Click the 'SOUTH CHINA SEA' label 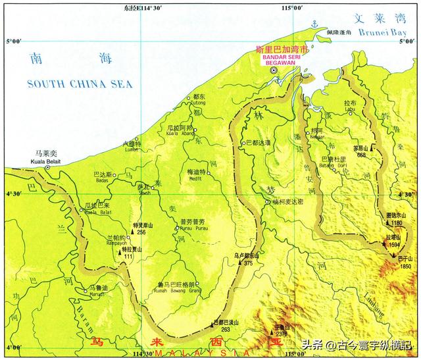tap(80, 84)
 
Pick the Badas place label tap(103, 180)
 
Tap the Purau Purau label tap(174, 229)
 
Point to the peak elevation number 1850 tap(405, 267)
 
